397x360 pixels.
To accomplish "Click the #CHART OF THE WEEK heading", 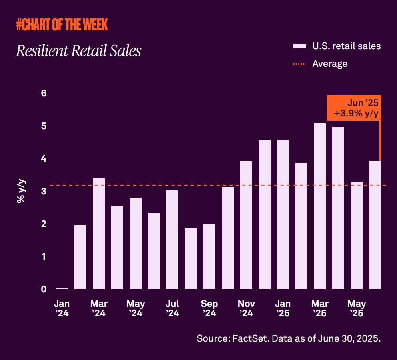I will pyautogui.click(x=62, y=25).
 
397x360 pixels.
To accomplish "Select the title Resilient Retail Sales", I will pyautogui.click(x=78, y=51).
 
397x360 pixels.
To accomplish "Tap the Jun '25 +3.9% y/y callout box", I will pyautogui.click(x=353, y=108).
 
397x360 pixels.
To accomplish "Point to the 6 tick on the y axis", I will pyautogui.click(x=44, y=93).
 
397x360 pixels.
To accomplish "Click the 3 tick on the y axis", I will pyautogui.click(x=44, y=191).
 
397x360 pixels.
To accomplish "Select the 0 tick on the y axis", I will pyautogui.click(x=44, y=289).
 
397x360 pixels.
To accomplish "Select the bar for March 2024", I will pyautogui.click(x=99, y=234).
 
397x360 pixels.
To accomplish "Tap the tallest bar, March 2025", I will pyautogui.click(x=320, y=206).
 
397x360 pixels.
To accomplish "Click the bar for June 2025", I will pyautogui.click(x=375, y=225).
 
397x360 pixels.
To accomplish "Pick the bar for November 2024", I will pyautogui.click(x=246, y=225).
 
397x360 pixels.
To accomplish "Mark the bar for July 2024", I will pyautogui.click(x=172, y=239).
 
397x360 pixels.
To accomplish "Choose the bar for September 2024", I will pyautogui.click(x=209, y=257).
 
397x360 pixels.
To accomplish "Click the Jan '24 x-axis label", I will pyautogui.click(x=62, y=308).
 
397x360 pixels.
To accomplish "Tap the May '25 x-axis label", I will pyautogui.click(x=356, y=308).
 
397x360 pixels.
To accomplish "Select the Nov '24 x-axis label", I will pyautogui.click(x=246, y=308).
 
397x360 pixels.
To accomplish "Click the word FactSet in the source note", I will pyautogui.click(x=252, y=338).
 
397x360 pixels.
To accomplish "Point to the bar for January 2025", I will pyautogui.click(x=283, y=215).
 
